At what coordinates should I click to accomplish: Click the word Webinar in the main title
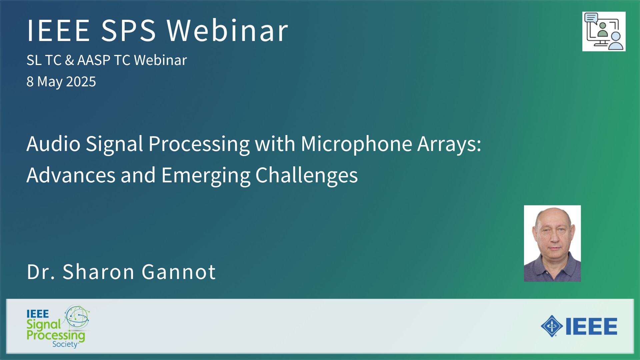(227, 30)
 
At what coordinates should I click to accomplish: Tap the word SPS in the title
(128, 30)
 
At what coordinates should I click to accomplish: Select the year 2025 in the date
(81, 81)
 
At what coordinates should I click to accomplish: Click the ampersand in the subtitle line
(69, 60)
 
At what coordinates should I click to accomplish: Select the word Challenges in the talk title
(306, 175)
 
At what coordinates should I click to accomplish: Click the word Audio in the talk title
(53, 144)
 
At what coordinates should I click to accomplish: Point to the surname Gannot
(179, 272)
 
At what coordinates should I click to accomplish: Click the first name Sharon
(99, 272)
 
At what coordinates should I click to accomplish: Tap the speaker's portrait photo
(552, 243)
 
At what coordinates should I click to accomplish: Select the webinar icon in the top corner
(604, 32)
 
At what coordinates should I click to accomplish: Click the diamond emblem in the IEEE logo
(552, 326)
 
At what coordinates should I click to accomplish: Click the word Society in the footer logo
(65, 344)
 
